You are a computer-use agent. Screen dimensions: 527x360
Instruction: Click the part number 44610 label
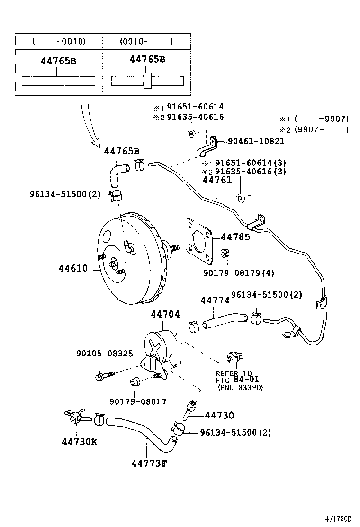(x=73, y=269)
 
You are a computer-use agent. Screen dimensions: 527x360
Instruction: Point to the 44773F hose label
(x=150, y=463)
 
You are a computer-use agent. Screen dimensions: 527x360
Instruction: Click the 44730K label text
(x=79, y=442)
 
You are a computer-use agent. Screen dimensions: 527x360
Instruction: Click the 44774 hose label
(x=215, y=300)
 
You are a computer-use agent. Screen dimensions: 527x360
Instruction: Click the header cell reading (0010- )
(x=146, y=41)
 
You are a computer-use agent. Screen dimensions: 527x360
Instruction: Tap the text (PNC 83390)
(x=240, y=387)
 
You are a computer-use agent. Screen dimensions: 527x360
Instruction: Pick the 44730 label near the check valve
(x=219, y=415)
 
